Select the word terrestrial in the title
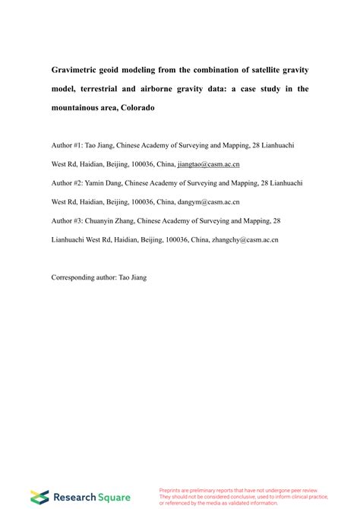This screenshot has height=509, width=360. click(112, 89)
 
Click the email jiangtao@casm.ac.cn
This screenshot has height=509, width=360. click(207, 164)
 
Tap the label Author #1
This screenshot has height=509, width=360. click(68, 145)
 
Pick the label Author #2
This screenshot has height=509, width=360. click(68, 183)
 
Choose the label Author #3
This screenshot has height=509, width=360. click(68, 221)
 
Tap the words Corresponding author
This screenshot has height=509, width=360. click(83, 278)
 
